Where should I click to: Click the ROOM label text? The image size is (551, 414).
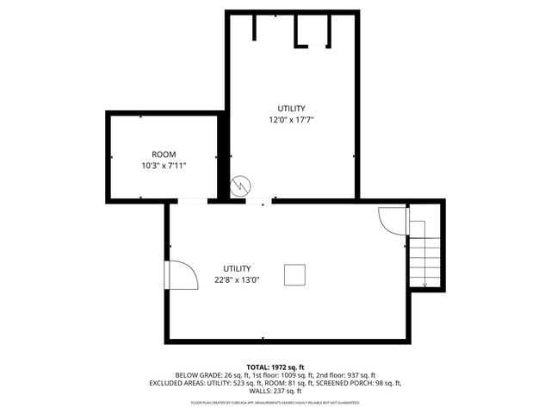click(x=163, y=154)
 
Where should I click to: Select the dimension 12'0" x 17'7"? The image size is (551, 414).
click(x=291, y=120)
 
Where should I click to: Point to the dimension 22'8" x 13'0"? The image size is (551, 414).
click(x=237, y=279)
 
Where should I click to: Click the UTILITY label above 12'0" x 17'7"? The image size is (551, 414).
click(x=291, y=108)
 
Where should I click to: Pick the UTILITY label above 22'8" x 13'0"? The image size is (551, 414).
click(x=237, y=268)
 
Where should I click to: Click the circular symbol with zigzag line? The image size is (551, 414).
click(x=242, y=185)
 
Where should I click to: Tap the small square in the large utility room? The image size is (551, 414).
click(x=295, y=274)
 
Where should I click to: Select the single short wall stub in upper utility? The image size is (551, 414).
click(x=255, y=27)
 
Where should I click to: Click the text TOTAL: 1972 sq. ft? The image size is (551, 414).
click(x=275, y=367)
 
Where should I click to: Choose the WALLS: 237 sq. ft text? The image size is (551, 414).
click(x=275, y=390)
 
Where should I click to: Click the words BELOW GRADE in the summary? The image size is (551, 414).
click(x=195, y=375)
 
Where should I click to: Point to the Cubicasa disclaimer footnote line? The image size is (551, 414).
click(x=275, y=403)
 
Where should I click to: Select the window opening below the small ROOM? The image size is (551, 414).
click(x=192, y=202)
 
